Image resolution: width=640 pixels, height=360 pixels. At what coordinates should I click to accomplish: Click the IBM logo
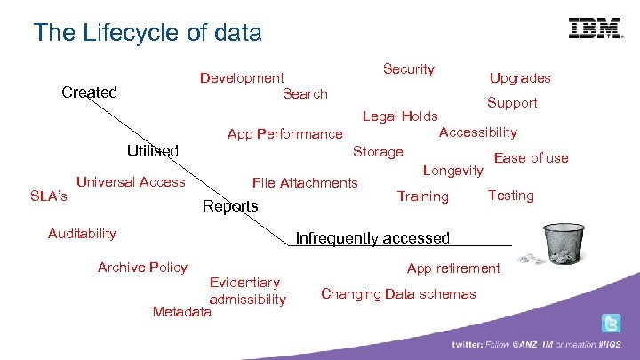click(595, 28)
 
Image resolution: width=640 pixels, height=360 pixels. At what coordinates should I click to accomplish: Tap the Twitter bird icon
click(611, 323)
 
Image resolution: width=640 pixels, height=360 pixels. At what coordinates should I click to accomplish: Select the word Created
click(89, 92)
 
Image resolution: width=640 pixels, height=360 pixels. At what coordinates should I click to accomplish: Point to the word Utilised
click(152, 151)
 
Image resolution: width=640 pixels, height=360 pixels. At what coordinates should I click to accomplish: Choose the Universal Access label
click(131, 182)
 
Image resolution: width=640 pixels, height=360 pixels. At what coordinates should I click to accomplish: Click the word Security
click(408, 69)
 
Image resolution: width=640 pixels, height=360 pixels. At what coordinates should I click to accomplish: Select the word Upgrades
click(520, 78)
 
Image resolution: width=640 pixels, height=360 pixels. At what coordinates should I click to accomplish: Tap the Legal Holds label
click(400, 116)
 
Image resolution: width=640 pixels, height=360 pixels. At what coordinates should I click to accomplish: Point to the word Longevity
click(452, 169)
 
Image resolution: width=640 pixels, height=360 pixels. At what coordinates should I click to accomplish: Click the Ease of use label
click(531, 158)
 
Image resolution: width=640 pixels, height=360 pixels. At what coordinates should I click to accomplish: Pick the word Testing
click(510, 195)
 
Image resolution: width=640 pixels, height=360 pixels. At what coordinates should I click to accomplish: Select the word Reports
click(230, 207)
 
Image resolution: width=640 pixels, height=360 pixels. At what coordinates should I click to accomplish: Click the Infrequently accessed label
click(372, 238)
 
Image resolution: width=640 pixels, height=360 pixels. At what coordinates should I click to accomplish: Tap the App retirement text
click(453, 268)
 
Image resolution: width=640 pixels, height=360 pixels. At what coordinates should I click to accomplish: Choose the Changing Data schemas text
click(398, 294)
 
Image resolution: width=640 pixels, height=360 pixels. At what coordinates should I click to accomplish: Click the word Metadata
click(182, 312)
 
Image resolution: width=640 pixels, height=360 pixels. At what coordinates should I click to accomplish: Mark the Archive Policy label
click(142, 268)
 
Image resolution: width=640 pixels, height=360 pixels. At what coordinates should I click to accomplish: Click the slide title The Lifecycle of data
click(148, 34)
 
